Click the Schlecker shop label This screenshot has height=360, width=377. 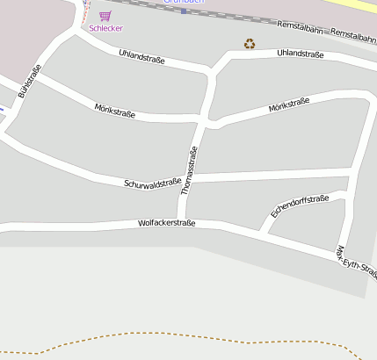pyautogui.click(x=105, y=28)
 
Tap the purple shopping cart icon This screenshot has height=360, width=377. pyautogui.click(x=105, y=16)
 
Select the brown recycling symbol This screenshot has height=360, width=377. pyautogui.click(x=250, y=43)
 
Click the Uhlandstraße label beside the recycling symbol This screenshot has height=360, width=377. pyautogui.click(x=300, y=54)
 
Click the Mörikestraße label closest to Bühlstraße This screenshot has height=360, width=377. pyautogui.click(x=114, y=112)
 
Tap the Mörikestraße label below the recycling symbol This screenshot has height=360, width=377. pyautogui.click(x=288, y=105)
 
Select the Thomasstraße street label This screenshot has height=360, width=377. pyautogui.click(x=189, y=170)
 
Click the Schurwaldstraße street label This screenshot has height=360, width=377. pyautogui.click(x=153, y=184)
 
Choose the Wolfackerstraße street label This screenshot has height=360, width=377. pyautogui.click(x=166, y=223)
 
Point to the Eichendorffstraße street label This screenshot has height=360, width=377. pyautogui.click(x=299, y=206)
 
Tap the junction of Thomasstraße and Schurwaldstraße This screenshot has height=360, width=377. pyautogui.click(x=190, y=179)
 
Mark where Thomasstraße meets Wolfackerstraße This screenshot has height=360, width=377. pyautogui.click(x=182, y=220)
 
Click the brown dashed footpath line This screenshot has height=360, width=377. pyautogui.click(x=176, y=339)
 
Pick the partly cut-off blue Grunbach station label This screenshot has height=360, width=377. pyautogui.click(x=184, y=3)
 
